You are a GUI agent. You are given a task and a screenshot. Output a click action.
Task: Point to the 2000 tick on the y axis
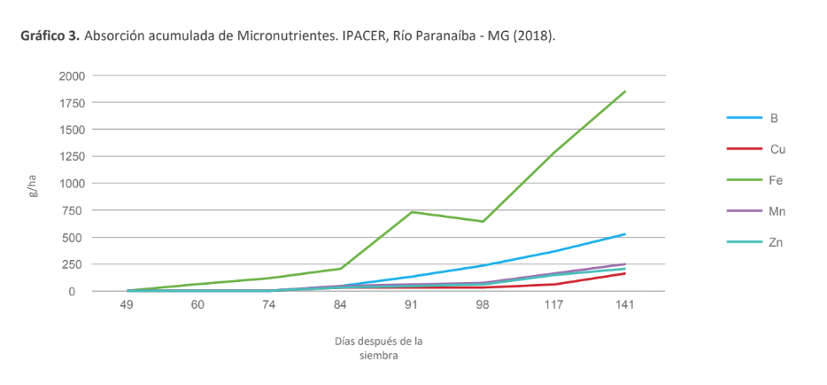[73, 76]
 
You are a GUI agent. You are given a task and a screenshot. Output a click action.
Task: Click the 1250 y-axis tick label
[73, 157]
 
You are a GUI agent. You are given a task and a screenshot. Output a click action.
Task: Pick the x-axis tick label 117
[554, 305]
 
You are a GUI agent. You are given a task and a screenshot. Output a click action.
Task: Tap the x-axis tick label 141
[625, 305]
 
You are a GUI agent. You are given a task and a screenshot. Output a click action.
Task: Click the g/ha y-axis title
[33, 185]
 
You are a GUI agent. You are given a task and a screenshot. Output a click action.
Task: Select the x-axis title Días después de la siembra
[378, 348]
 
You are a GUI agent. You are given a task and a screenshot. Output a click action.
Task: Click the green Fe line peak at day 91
[412, 212]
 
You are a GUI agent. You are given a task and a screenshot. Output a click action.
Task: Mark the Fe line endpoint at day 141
[625, 91]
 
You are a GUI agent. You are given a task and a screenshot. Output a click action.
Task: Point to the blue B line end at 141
[625, 234]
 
